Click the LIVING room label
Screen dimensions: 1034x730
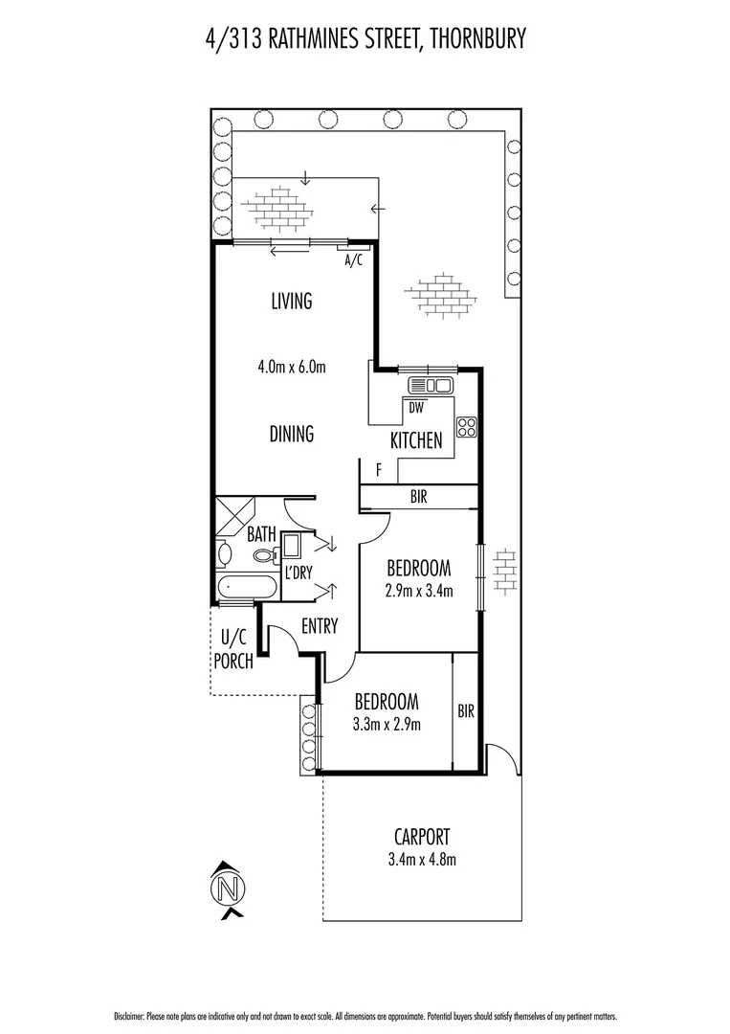292,302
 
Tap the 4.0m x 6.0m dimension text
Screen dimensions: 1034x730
292,366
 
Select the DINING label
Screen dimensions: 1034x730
292,434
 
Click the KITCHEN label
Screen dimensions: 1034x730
416,440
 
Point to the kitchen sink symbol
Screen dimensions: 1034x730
430,386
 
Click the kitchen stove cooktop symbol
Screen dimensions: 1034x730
467,426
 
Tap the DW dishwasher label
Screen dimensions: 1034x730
415,407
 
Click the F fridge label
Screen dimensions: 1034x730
379,470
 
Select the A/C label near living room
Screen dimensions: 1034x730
353,260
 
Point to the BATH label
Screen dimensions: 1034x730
261,532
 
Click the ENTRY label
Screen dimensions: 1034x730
320,626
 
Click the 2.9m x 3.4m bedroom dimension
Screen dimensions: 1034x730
420,591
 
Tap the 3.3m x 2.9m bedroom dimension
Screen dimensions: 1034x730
387,724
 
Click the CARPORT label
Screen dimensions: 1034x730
421,837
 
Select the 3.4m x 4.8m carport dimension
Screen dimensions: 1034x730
421,859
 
